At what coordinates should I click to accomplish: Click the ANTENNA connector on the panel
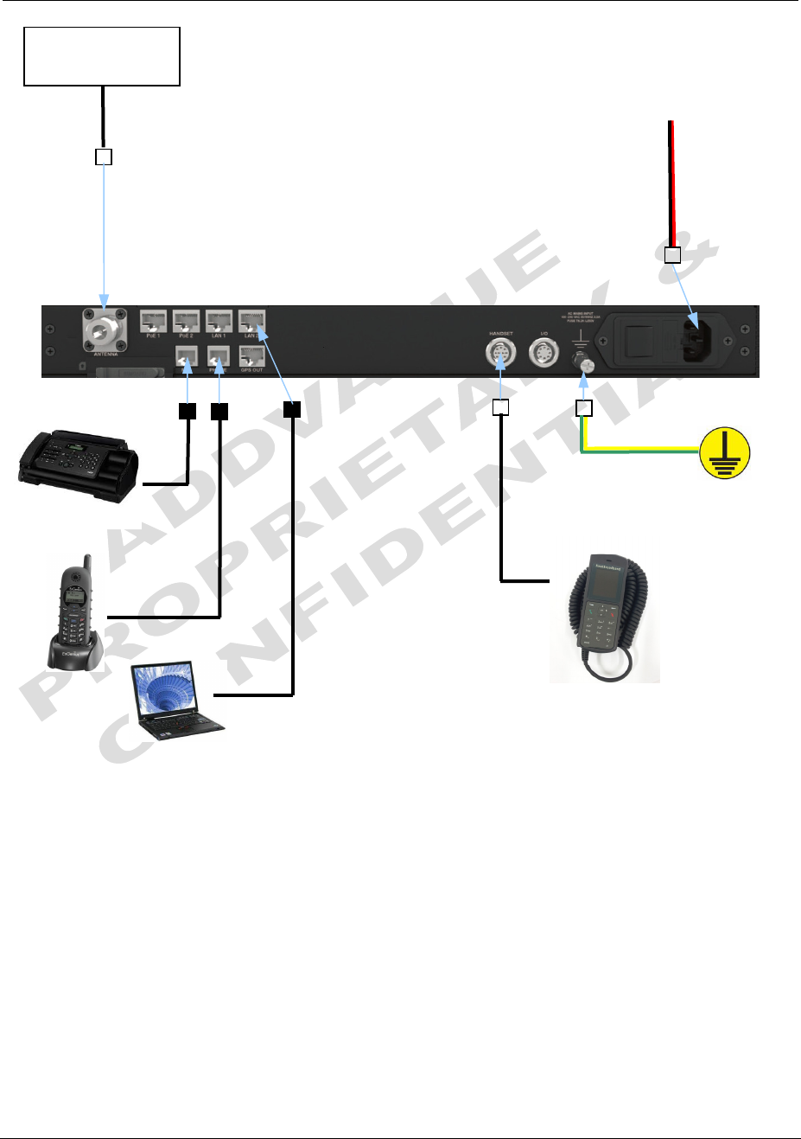coord(105,330)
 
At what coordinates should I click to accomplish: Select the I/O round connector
coord(544,353)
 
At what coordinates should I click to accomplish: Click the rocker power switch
coord(639,340)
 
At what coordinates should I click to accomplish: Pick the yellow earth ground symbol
coord(725,451)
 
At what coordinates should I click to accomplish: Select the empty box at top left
coord(102,56)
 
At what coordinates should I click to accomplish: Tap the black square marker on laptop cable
coord(292,409)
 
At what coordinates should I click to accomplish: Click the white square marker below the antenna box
coord(104,157)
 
